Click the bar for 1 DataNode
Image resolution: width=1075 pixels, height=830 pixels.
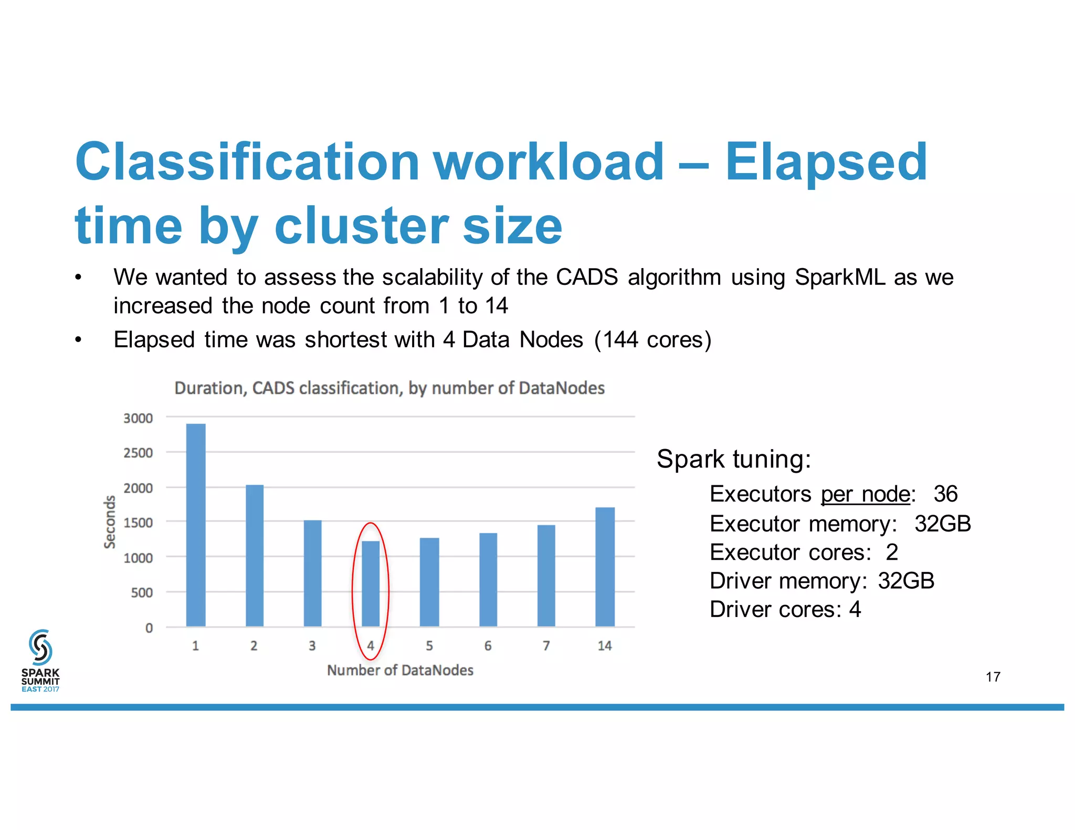tap(196, 525)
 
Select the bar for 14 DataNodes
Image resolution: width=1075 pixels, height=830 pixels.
tap(605, 567)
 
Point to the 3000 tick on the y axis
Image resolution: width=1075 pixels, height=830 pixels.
tap(138, 418)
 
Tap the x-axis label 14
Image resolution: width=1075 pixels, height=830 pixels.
tap(605, 646)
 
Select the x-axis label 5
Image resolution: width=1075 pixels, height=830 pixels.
tap(429, 646)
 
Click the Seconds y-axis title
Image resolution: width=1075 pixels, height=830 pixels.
tap(110, 522)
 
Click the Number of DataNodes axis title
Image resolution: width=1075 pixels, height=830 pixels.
tap(400, 671)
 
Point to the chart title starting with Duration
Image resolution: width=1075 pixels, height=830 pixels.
tap(389, 388)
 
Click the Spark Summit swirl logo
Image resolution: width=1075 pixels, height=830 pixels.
tap(40, 647)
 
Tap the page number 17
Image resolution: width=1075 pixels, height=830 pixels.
tap(993, 677)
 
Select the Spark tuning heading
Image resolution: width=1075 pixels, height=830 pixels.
tap(734, 459)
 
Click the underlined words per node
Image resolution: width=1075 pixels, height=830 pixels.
tap(865, 494)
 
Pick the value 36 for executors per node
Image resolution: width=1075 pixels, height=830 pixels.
tap(945, 494)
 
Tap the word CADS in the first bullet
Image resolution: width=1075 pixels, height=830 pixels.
tap(587, 277)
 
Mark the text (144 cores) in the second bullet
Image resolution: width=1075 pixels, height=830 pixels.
tap(653, 340)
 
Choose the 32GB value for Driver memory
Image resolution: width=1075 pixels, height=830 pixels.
tap(906, 581)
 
